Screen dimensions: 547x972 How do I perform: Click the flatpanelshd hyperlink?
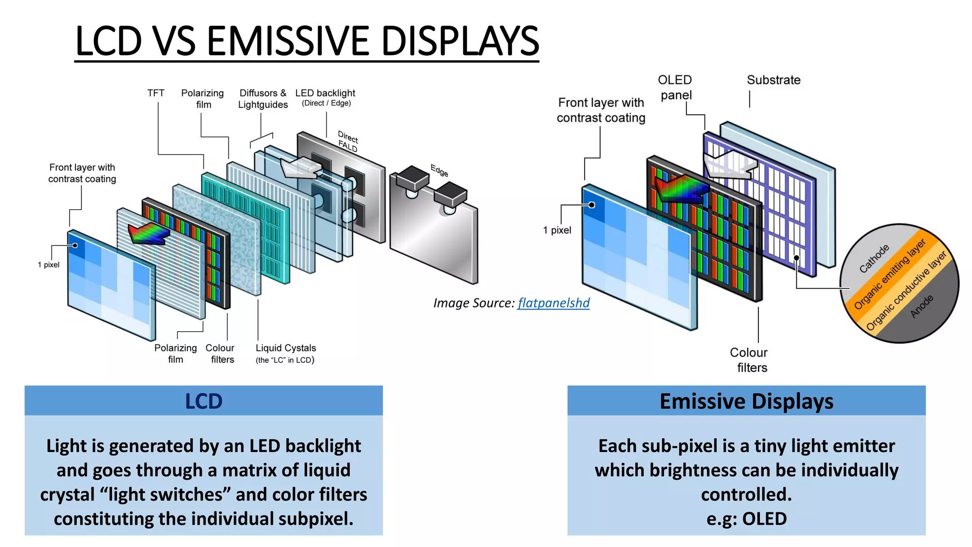point(553,303)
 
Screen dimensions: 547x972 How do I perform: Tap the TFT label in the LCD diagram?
point(156,93)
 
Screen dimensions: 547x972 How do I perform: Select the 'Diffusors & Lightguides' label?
point(263,99)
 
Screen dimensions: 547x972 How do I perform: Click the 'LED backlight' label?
point(325,93)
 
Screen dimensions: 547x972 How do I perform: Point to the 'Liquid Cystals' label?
point(286,348)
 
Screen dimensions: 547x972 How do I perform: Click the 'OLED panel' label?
point(675,87)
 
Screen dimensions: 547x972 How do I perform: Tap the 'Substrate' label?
point(773,80)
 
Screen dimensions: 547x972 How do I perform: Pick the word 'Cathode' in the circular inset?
point(874,259)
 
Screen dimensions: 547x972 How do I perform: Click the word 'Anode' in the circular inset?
point(921,306)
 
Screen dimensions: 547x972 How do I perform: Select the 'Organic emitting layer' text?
point(889,274)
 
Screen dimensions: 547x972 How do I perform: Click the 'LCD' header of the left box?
point(204,401)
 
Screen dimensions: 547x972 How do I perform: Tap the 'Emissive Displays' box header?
point(746,401)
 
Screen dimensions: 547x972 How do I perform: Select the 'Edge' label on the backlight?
point(439,170)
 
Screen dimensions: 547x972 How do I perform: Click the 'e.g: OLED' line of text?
point(746,519)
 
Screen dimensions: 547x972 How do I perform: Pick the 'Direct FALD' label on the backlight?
point(348,141)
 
